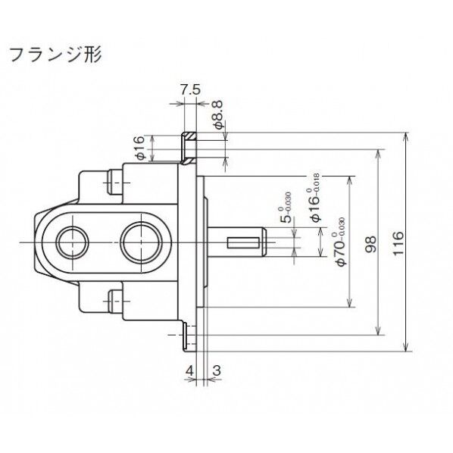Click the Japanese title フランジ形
point(53,55)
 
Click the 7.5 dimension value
point(191,89)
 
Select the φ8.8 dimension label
point(218,115)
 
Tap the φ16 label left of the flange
point(139,148)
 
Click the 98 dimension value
point(370,244)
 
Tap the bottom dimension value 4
point(189,370)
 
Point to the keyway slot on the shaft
point(244,242)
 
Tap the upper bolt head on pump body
point(115,180)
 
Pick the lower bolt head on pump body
point(115,302)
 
